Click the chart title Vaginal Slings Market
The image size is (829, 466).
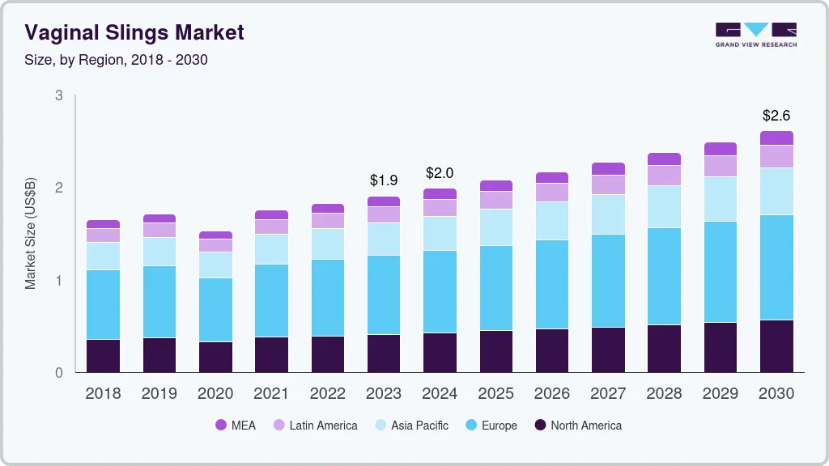click(134, 33)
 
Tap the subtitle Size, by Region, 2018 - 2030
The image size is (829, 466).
click(116, 60)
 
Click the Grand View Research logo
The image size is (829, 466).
click(755, 34)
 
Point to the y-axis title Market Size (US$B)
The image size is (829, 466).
click(31, 234)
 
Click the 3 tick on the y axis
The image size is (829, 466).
click(58, 95)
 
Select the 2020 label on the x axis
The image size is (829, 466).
click(215, 394)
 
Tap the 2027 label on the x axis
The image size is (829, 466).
click(608, 394)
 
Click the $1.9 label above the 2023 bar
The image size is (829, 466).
click(384, 180)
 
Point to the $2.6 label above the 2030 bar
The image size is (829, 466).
click(776, 116)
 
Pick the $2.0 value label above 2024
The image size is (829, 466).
click(440, 173)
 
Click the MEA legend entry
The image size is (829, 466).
click(236, 426)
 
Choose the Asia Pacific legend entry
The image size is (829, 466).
click(410, 426)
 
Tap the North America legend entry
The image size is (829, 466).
click(577, 426)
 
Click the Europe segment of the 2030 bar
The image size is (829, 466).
click(776, 267)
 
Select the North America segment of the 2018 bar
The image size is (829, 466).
click(104, 356)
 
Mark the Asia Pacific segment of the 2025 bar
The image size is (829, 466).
click(495, 227)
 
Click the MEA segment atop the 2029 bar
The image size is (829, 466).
click(721, 149)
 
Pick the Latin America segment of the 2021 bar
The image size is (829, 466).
click(271, 227)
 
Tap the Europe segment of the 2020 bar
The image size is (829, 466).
click(215, 310)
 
